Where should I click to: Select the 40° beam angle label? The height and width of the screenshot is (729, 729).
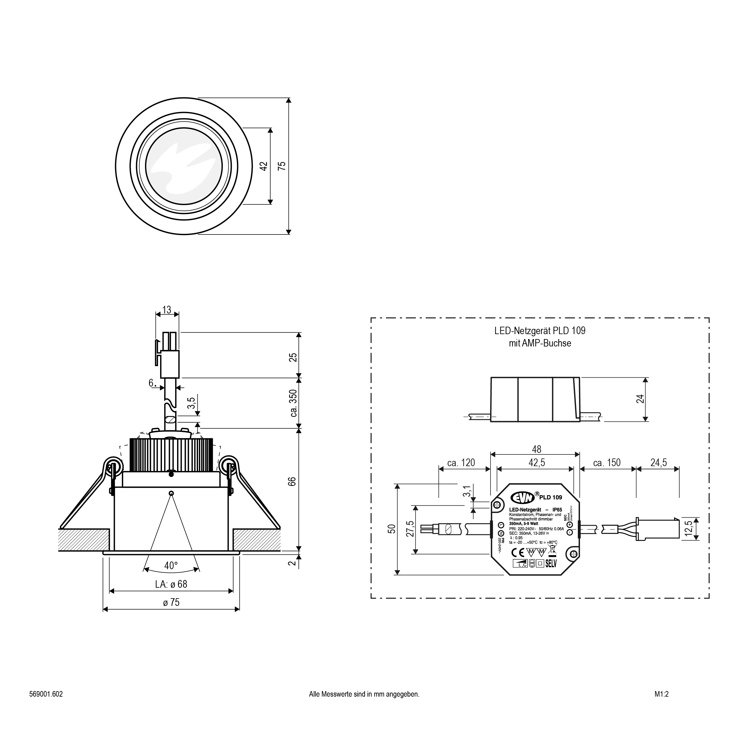(x=171, y=565)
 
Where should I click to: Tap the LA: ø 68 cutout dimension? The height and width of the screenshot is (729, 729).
(x=171, y=584)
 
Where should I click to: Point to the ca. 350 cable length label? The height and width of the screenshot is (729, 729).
(x=294, y=403)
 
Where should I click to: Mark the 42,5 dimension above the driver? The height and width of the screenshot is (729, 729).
(x=536, y=463)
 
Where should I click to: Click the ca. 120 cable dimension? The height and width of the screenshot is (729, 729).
(x=461, y=463)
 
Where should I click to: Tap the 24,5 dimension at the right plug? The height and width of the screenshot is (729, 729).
(x=658, y=463)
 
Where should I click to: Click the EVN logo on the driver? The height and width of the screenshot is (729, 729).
(x=522, y=498)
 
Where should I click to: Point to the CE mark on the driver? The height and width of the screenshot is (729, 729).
(x=518, y=553)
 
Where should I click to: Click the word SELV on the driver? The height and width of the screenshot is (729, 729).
(x=551, y=564)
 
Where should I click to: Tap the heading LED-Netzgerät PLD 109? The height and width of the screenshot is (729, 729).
(x=540, y=331)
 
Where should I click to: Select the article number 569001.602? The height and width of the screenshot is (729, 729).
(x=46, y=694)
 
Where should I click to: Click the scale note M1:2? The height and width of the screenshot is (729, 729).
(x=661, y=694)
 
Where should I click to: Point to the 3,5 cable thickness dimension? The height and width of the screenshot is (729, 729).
(x=192, y=403)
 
